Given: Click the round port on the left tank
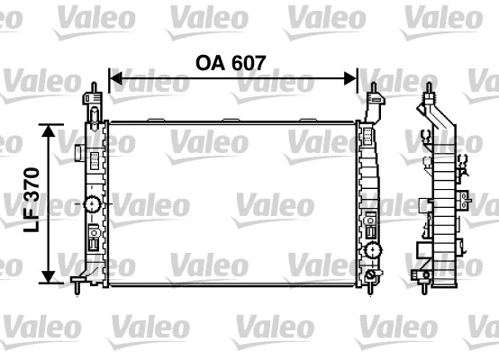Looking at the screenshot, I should point(92,204).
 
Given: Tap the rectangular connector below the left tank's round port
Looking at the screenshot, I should point(93,240).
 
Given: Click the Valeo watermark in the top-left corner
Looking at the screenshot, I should point(24,16).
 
